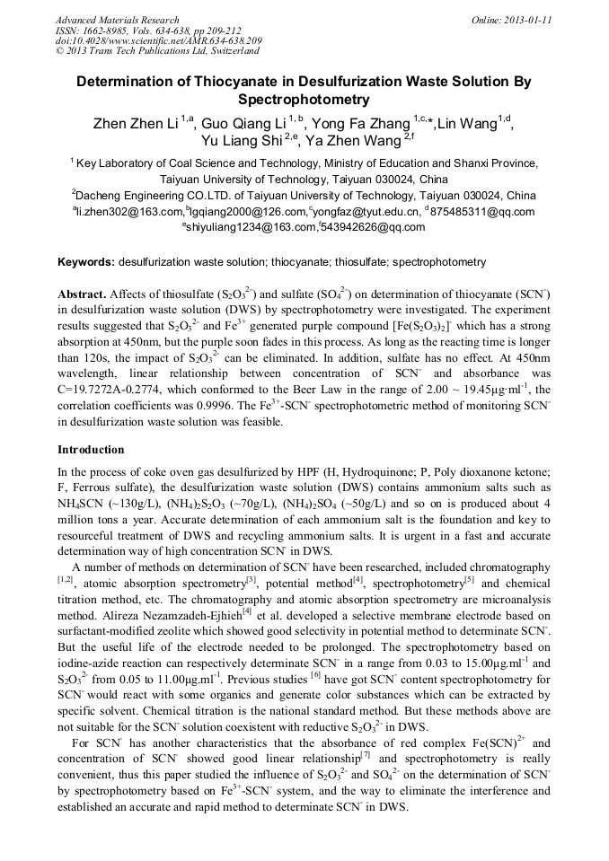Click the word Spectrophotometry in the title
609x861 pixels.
click(304, 100)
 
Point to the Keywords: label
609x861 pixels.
click(86, 262)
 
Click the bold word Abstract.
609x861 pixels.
click(82, 294)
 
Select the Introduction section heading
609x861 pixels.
click(92, 449)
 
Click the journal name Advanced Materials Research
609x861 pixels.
click(117, 20)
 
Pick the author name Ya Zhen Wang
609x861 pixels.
click(354, 141)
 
